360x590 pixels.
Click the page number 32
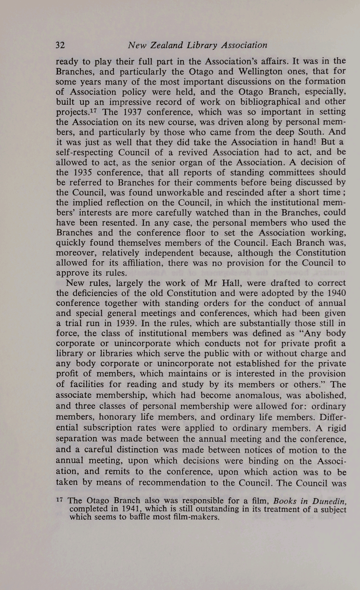tap(60, 45)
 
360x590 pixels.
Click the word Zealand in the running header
tap(165, 45)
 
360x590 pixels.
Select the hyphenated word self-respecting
tap(85, 152)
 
